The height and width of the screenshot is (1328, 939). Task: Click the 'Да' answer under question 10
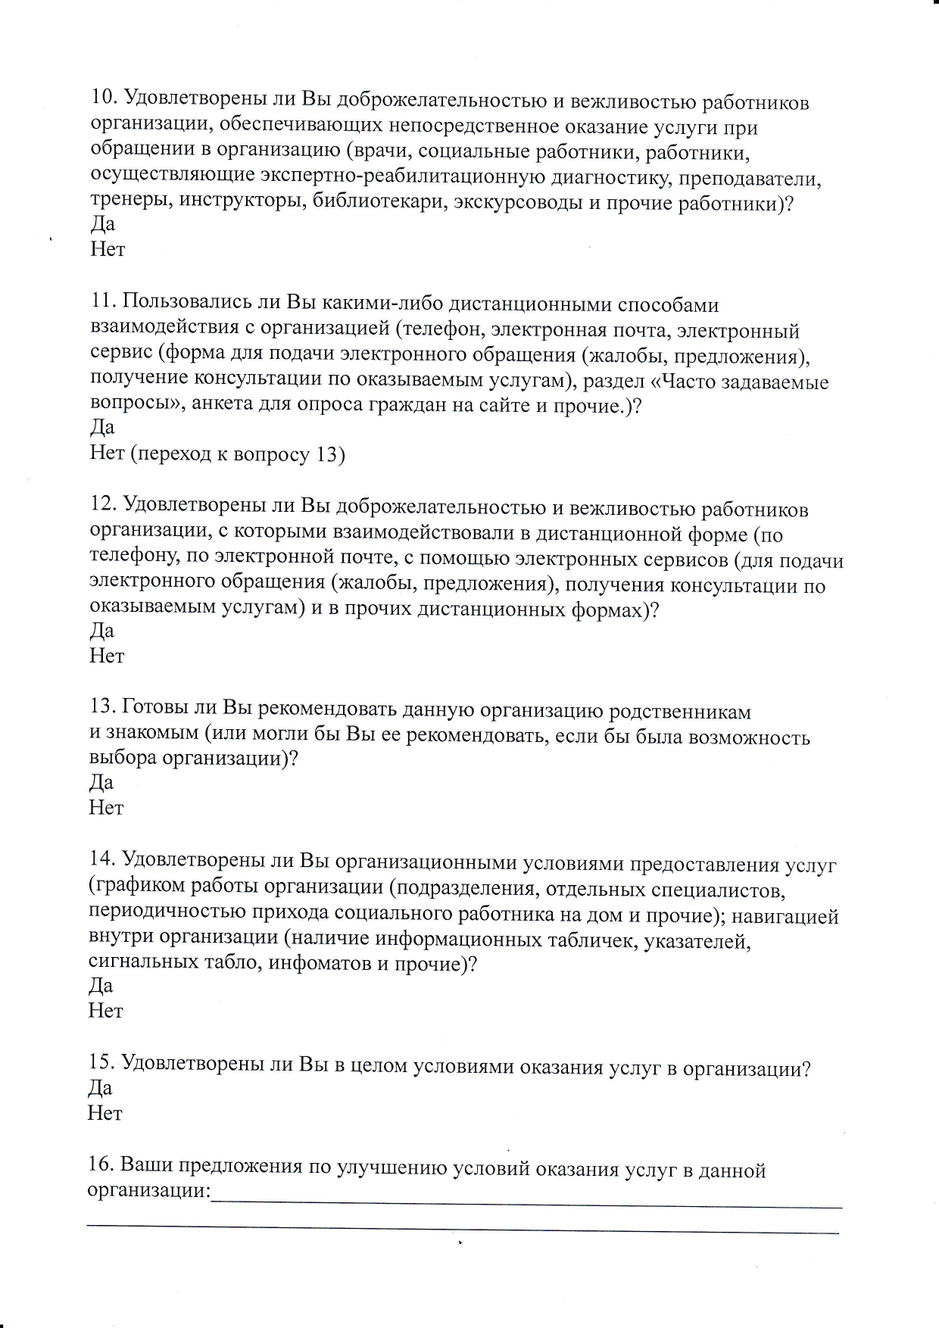click(x=102, y=224)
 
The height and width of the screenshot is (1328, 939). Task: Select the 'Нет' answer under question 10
click(x=107, y=249)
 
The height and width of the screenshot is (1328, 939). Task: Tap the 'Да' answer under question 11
click(x=102, y=428)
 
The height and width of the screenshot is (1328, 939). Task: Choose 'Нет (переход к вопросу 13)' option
click(x=217, y=454)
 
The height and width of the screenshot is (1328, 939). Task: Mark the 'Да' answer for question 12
click(x=102, y=631)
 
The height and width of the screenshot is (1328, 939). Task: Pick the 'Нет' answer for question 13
click(x=106, y=808)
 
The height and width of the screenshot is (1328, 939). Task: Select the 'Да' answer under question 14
click(x=101, y=986)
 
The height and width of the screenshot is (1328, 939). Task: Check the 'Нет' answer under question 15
click(x=105, y=1113)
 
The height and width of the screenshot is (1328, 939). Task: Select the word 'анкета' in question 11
click(x=225, y=405)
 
